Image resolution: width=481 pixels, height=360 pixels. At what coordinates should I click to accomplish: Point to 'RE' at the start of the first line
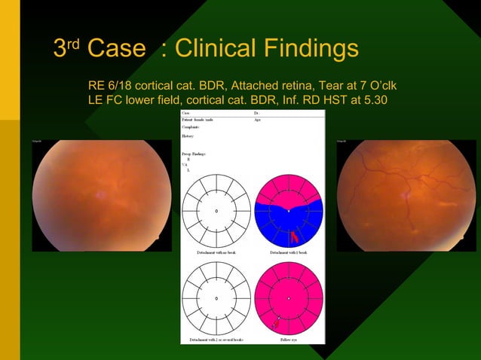tap(97, 84)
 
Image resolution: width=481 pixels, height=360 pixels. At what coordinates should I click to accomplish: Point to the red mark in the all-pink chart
tap(276, 324)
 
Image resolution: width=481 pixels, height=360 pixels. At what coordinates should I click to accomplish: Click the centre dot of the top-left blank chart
tap(216, 211)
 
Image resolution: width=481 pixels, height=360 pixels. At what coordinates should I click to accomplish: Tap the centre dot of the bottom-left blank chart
tap(216, 299)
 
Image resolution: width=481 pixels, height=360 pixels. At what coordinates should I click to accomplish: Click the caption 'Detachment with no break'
tap(216, 252)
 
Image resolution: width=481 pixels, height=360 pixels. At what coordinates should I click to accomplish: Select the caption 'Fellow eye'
tap(289, 340)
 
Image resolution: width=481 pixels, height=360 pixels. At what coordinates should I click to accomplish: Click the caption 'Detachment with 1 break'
tap(289, 252)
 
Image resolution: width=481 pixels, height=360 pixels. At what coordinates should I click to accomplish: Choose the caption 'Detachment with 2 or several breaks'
tap(216, 340)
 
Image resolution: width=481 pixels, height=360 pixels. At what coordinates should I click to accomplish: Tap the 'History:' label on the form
tap(188, 136)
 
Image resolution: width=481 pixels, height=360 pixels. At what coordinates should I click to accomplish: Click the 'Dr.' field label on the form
tap(258, 114)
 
